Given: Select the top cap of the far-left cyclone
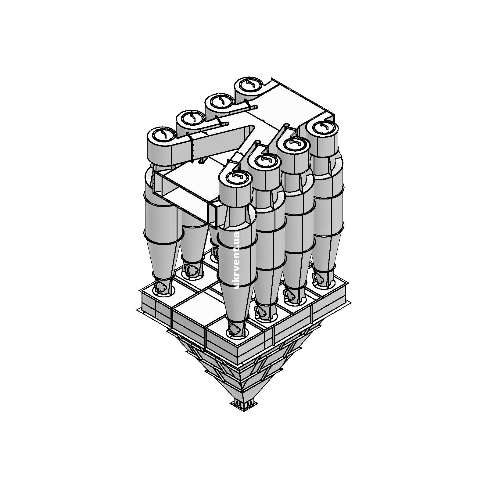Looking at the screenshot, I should pyautogui.click(x=162, y=135).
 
